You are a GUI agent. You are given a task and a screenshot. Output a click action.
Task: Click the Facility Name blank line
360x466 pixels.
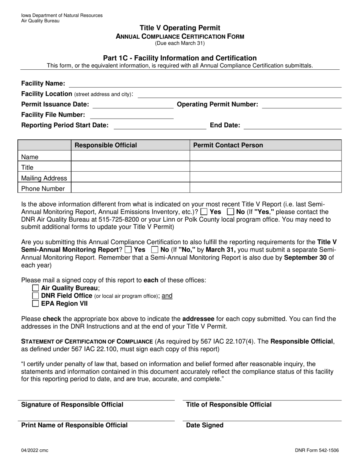click(205, 84)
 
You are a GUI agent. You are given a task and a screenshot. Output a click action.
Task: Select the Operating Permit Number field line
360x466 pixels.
click(302, 105)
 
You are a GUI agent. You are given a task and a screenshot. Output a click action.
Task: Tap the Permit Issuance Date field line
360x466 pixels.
click(133, 105)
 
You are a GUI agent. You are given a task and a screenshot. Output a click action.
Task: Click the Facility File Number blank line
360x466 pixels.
click(131, 115)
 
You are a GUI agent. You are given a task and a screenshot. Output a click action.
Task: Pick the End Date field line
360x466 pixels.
click(292, 125)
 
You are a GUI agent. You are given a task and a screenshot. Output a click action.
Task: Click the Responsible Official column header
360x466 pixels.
click(106, 145)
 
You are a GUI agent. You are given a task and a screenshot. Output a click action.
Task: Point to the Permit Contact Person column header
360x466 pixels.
click(228, 145)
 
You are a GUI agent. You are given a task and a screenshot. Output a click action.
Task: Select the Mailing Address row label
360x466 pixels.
click(44, 178)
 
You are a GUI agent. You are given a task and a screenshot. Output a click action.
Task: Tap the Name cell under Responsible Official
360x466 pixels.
click(130, 156)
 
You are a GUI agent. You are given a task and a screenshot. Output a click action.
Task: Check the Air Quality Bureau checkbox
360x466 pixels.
click(36, 288)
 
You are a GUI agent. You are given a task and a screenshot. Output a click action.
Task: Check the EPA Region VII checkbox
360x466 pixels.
click(36, 303)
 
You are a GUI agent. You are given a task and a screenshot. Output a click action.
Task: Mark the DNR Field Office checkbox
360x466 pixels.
click(36, 296)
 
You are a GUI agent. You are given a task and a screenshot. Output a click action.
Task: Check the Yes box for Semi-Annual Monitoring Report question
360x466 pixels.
click(128, 250)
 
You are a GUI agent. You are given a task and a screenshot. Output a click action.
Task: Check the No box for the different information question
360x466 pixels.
click(230, 212)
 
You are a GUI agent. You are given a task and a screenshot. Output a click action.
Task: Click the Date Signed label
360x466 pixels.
click(205, 425)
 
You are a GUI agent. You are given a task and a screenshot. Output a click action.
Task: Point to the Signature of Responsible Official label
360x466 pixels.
click(72, 405)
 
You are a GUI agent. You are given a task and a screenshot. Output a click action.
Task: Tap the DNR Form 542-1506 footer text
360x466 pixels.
click(317, 450)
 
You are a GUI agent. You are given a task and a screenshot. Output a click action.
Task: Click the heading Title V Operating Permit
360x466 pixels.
click(180, 28)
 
